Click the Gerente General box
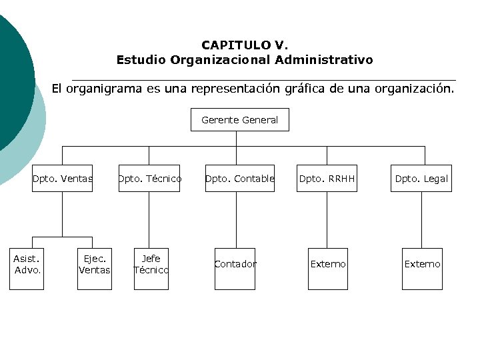click(x=239, y=120)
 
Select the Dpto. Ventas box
click(x=62, y=179)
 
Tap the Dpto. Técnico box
click(x=149, y=179)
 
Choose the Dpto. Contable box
click(x=239, y=179)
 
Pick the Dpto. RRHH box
click(x=327, y=179)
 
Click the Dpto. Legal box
click(x=421, y=179)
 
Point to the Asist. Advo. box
click(x=27, y=264)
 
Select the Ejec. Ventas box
click(x=94, y=264)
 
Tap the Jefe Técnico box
click(x=151, y=264)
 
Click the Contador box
click(x=235, y=264)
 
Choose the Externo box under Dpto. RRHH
click(x=328, y=264)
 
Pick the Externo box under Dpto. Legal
click(x=422, y=264)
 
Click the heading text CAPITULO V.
click(x=245, y=45)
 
